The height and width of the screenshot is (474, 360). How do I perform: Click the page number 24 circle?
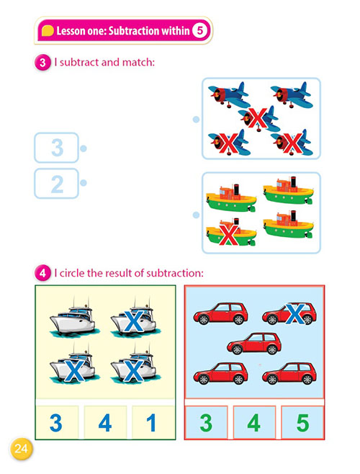(x=21, y=449)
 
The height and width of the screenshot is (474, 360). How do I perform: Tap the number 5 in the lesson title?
(x=199, y=30)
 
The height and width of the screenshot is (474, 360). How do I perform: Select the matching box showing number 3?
(x=57, y=148)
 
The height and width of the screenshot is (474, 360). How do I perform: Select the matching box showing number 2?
(x=57, y=184)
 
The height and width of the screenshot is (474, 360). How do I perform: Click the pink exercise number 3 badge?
(x=42, y=63)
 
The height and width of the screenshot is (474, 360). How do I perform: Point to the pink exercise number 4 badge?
(x=42, y=273)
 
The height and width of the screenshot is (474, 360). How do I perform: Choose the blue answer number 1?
(x=151, y=423)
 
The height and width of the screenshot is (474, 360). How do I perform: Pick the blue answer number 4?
(x=105, y=423)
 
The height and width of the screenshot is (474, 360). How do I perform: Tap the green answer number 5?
(x=302, y=423)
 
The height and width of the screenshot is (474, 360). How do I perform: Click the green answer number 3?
(x=206, y=423)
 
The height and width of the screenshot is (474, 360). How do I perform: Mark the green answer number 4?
(x=254, y=423)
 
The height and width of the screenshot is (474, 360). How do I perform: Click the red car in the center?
(x=254, y=344)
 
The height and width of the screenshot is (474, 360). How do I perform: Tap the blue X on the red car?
(x=294, y=314)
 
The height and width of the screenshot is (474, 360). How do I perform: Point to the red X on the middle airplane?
(x=258, y=117)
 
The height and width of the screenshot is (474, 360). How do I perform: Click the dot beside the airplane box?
(x=196, y=120)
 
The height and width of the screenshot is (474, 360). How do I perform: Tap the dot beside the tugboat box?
(x=196, y=215)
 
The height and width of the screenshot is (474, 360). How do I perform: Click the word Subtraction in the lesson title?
(x=134, y=30)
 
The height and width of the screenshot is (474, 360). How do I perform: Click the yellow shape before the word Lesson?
(x=48, y=30)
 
